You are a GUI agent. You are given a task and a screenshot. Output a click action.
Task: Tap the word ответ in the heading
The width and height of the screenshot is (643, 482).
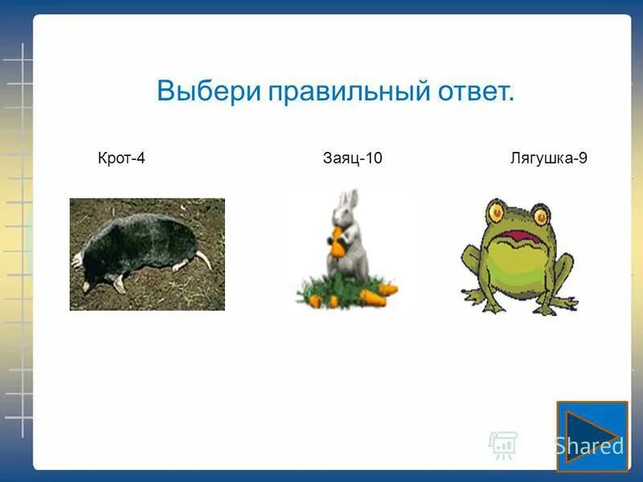pos(475,91)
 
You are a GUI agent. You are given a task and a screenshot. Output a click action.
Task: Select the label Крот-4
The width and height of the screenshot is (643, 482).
pos(121,158)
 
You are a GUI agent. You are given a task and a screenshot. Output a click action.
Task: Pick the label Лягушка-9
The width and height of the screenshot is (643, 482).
pos(548,158)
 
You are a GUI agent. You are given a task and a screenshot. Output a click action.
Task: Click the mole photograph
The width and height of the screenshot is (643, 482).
pos(147,254)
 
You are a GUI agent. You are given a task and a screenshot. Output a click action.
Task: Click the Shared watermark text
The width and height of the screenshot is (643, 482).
pos(588,446)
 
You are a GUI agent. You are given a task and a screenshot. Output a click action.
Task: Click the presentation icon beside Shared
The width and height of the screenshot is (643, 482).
pos(502,444)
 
